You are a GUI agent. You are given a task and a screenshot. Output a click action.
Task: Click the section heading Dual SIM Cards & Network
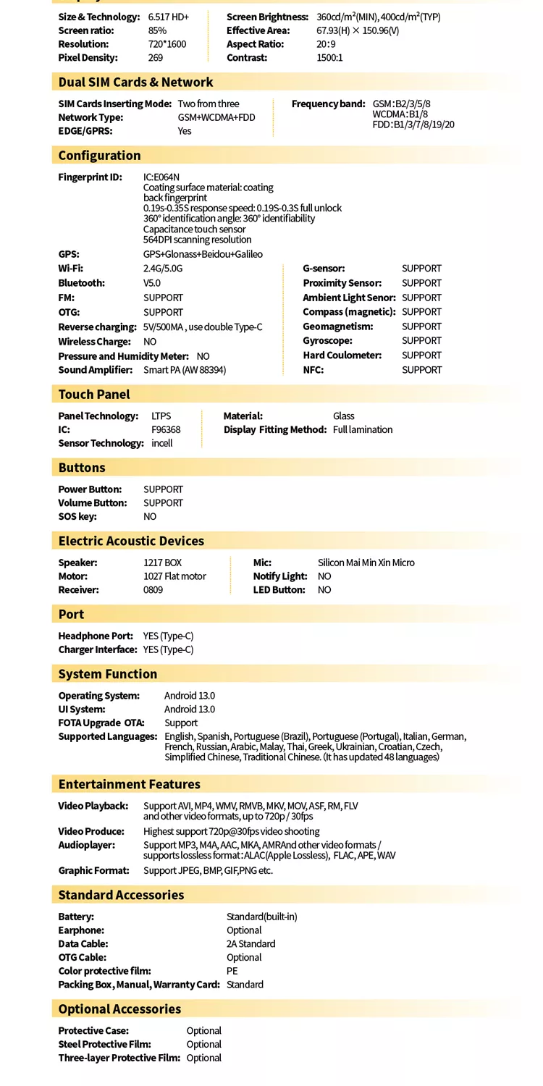click(135, 83)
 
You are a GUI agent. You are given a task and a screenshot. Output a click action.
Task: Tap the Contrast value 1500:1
click(329, 58)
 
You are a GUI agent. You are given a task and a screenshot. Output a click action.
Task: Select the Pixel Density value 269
click(156, 58)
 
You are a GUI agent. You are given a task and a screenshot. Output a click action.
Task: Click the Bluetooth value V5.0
click(153, 283)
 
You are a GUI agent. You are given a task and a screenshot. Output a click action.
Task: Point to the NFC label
click(313, 370)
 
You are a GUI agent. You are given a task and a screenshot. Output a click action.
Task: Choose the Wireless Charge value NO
click(150, 342)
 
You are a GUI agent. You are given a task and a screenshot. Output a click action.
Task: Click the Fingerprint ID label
click(90, 177)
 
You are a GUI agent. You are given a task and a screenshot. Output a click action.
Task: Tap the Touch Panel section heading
click(94, 395)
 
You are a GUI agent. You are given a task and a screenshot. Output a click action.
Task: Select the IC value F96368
click(166, 430)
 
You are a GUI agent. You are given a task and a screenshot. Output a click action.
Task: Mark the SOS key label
click(77, 517)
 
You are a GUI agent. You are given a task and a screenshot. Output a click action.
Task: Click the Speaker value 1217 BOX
click(162, 563)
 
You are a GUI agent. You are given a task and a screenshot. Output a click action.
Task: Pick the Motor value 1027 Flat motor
click(174, 576)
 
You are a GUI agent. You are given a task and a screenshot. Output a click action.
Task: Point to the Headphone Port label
click(96, 636)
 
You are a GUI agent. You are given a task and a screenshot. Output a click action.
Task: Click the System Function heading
click(108, 674)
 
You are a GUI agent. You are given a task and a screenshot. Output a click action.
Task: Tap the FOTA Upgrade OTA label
click(101, 723)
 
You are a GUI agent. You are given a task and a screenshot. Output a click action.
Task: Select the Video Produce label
click(91, 832)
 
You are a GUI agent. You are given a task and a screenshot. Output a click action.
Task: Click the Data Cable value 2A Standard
click(251, 944)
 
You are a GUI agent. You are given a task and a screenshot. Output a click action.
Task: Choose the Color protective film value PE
click(232, 972)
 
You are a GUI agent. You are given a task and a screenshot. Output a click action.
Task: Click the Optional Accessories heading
click(119, 1009)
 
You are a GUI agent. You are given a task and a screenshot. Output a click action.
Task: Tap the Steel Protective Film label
click(104, 1045)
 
